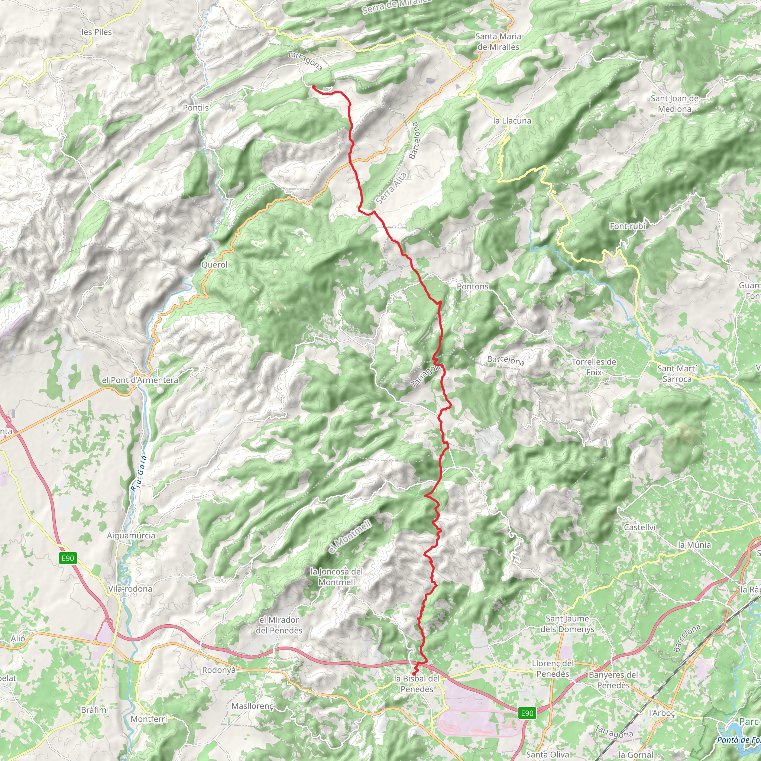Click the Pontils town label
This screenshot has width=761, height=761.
196,107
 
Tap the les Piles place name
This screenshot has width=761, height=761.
97,32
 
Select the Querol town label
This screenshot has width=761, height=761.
214,265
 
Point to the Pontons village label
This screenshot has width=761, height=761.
472,286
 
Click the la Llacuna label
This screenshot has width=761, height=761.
512,121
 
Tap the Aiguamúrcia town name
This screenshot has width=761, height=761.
131,535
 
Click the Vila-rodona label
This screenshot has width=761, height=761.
130,589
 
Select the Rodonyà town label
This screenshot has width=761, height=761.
218,670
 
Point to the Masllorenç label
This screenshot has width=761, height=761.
252,706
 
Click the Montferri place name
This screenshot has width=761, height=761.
149,719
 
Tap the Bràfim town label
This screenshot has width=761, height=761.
94,710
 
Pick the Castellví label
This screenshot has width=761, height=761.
640,527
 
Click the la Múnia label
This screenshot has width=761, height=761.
694,545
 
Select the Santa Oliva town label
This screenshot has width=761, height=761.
547,754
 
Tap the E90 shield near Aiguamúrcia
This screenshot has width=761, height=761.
68,558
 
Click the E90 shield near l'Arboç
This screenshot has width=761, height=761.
527,713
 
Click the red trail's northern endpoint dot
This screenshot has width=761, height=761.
314,87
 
